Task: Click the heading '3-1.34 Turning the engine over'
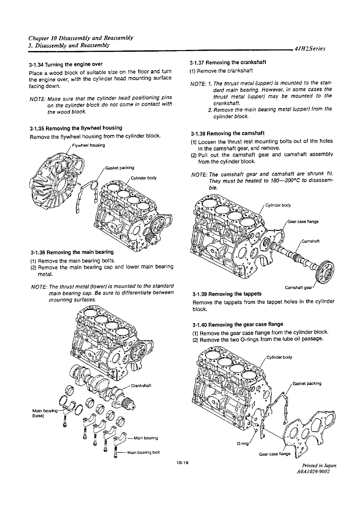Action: tap(66, 64)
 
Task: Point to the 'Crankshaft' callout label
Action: tap(141, 386)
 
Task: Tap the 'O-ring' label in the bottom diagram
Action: tap(243, 444)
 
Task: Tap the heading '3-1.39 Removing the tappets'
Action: tap(227, 294)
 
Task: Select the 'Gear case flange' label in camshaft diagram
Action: tap(303, 222)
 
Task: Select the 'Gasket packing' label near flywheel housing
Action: tap(120, 168)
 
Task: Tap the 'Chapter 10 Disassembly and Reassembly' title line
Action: tap(81, 38)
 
